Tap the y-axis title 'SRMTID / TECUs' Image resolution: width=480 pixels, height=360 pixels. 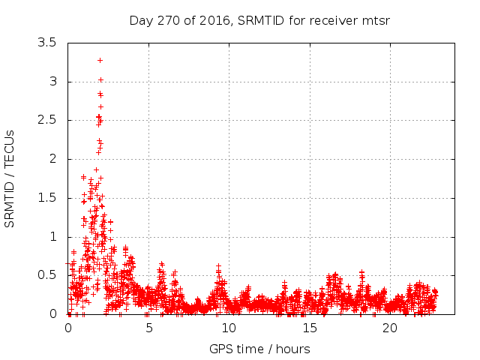[10, 178]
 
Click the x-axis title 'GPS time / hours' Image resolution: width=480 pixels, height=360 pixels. [259, 349]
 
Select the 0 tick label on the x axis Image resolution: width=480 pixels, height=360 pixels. [68, 328]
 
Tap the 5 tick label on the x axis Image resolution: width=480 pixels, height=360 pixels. [148, 328]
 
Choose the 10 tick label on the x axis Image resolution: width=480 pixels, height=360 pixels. [229, 328]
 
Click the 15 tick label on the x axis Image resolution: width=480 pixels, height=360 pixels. [309, 328]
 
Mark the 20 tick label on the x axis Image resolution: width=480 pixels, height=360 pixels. [389, 328]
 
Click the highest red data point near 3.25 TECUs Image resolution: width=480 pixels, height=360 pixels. [100, 60]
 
